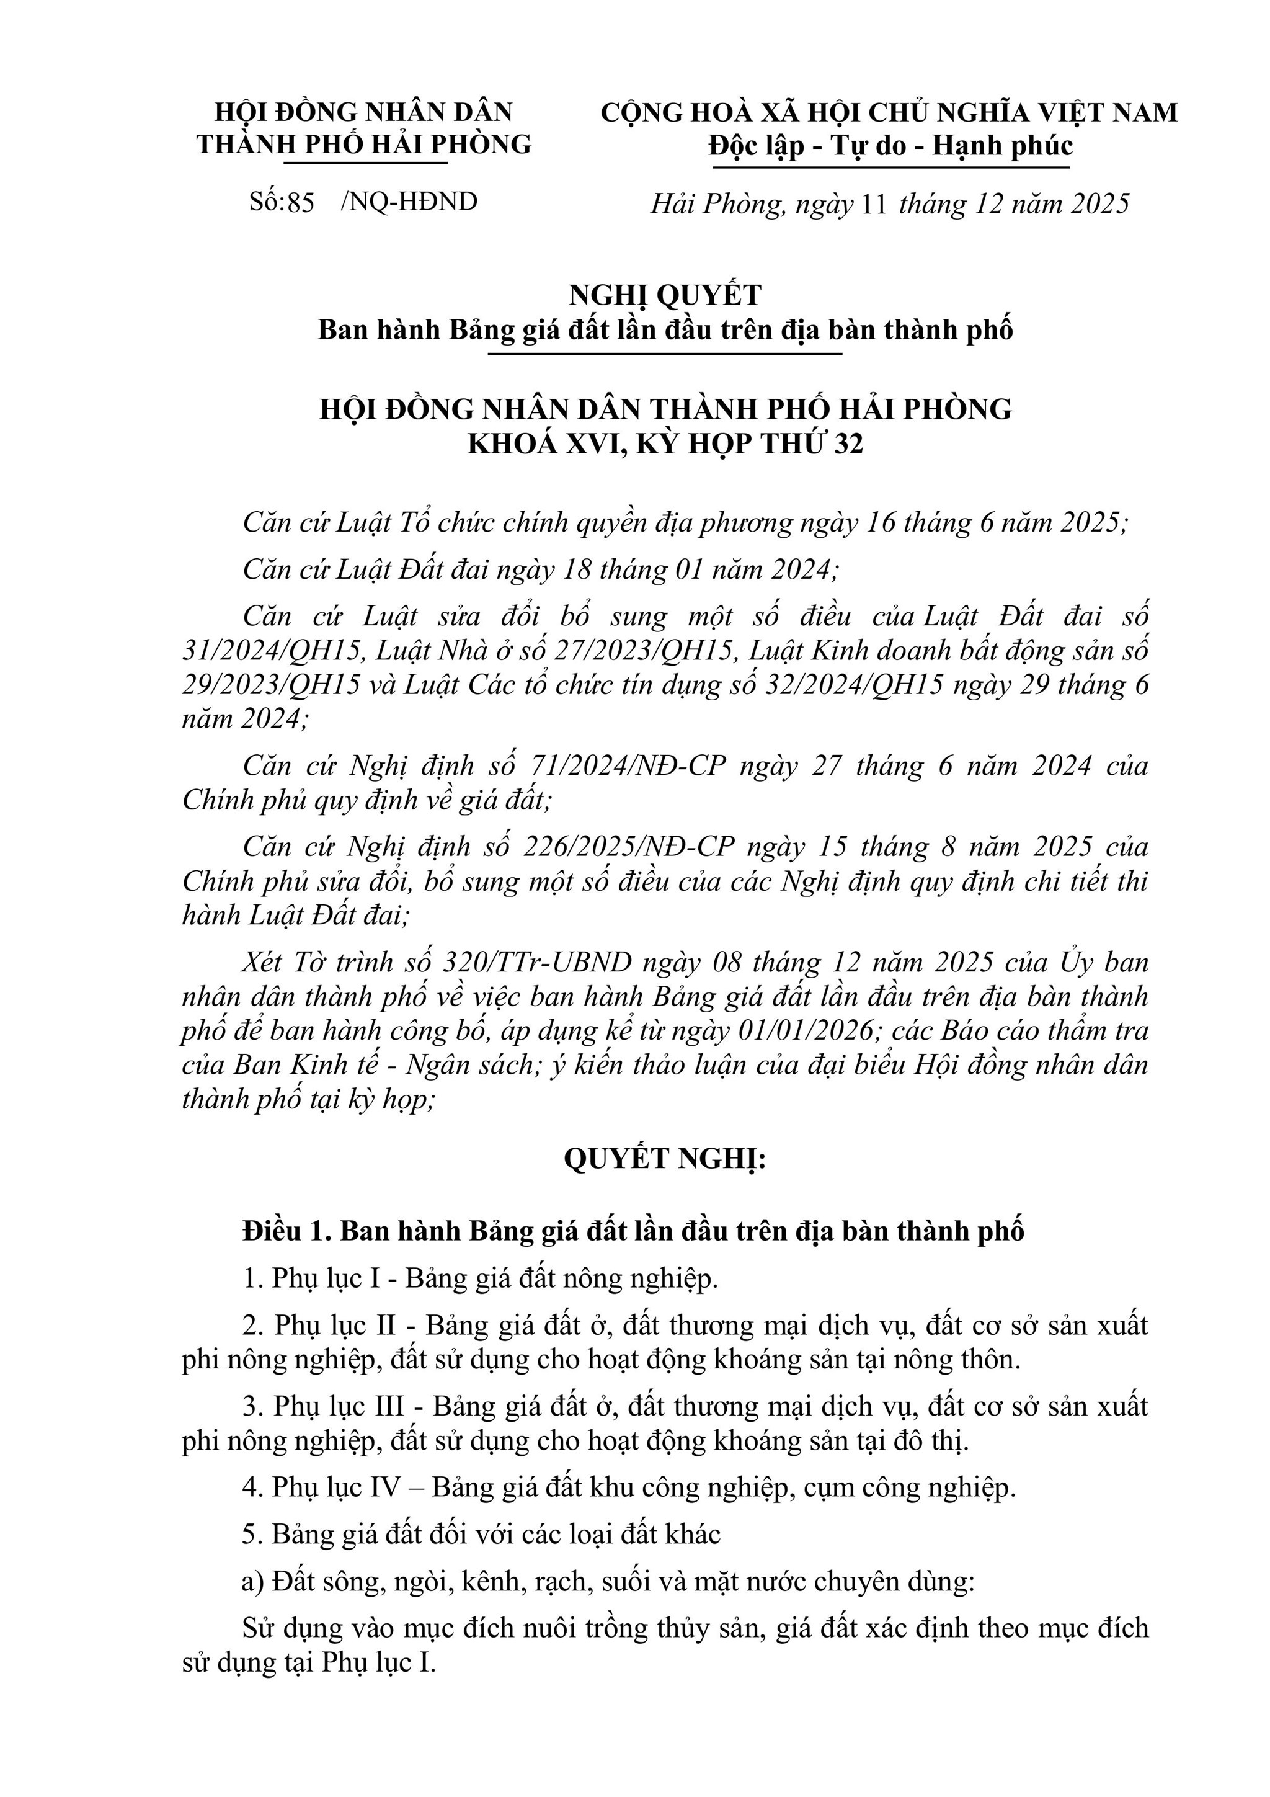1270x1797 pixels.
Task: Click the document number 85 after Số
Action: tap(301, 203)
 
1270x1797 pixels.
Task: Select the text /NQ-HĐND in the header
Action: tap(409, 202)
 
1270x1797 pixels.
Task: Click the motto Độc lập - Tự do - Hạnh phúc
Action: tap(890, 146)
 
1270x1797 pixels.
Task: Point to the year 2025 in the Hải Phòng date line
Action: tap(1100, 204)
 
